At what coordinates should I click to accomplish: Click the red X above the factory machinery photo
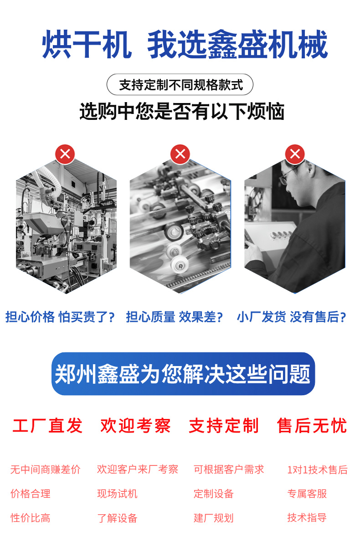[x=65, y=154]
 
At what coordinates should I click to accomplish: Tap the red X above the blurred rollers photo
[x=180, y=154]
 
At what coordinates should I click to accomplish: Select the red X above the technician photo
[x=295, y=154]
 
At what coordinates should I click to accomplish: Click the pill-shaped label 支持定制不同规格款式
[x=180, y=85]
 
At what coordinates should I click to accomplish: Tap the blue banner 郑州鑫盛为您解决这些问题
[x=183, y=374]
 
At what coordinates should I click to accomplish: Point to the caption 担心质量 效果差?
[x=175, y=317]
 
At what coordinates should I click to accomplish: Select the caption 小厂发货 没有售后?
[x=292, y=317]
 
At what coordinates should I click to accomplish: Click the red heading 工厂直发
[x=47, y=426]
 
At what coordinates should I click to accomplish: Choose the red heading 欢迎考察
[x=135, y=426]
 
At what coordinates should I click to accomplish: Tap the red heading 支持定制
[x=224, y=426]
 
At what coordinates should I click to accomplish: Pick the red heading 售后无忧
[x=312, y=426]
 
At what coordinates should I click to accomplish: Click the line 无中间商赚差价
[x=46, y=469]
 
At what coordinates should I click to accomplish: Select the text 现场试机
[x=118, y=494]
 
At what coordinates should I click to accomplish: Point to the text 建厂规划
[x=214, y=518]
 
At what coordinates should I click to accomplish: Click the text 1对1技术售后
[x=318, y=470]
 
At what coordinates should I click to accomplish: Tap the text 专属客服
[x=307, y=494]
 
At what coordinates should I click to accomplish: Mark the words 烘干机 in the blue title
[x=87, y=45]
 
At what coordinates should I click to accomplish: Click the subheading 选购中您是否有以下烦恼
[x=182, y=111]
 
